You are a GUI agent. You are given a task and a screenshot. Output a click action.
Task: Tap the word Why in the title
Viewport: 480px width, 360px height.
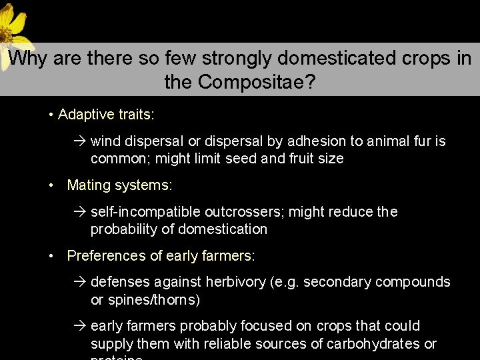[27, 59]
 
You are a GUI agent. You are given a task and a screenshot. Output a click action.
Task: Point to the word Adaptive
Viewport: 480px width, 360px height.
[83, 115]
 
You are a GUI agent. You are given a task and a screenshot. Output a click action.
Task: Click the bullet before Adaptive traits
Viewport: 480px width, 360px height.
[51, 115]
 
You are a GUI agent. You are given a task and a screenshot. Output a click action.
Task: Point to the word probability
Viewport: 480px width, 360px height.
[123, 229]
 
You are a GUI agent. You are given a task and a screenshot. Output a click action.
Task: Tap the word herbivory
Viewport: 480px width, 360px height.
[235, 282]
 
